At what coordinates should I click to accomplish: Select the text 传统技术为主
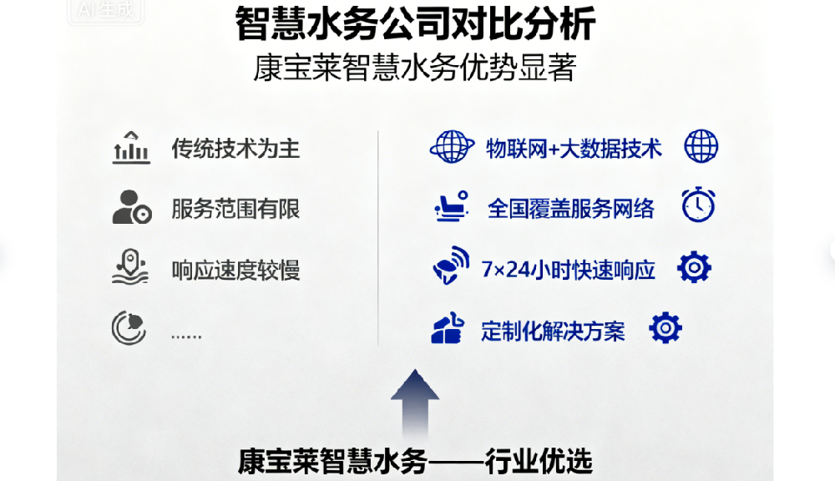pos(235,149)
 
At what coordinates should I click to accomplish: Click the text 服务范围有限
pos(235,209)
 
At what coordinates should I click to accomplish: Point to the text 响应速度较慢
pos(235,270)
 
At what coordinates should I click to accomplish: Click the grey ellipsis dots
pos(186,335)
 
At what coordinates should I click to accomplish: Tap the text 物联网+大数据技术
pos(574,149)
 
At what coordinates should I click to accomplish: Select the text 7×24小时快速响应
pos(569,270)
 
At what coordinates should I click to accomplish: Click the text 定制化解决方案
pos(553,331)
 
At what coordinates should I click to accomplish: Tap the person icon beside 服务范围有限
pos(131,207)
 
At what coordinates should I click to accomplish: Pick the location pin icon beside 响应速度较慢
pos(130,267)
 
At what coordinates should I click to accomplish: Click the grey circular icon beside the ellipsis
pos(129,328)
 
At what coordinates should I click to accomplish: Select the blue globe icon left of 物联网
pos(452,148)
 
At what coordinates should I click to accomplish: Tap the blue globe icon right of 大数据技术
pos(701,147)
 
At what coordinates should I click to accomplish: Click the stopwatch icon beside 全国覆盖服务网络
pos(698,205)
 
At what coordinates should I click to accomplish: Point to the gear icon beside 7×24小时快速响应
pos(694,267)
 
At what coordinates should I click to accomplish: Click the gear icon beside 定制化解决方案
pos(665,328)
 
